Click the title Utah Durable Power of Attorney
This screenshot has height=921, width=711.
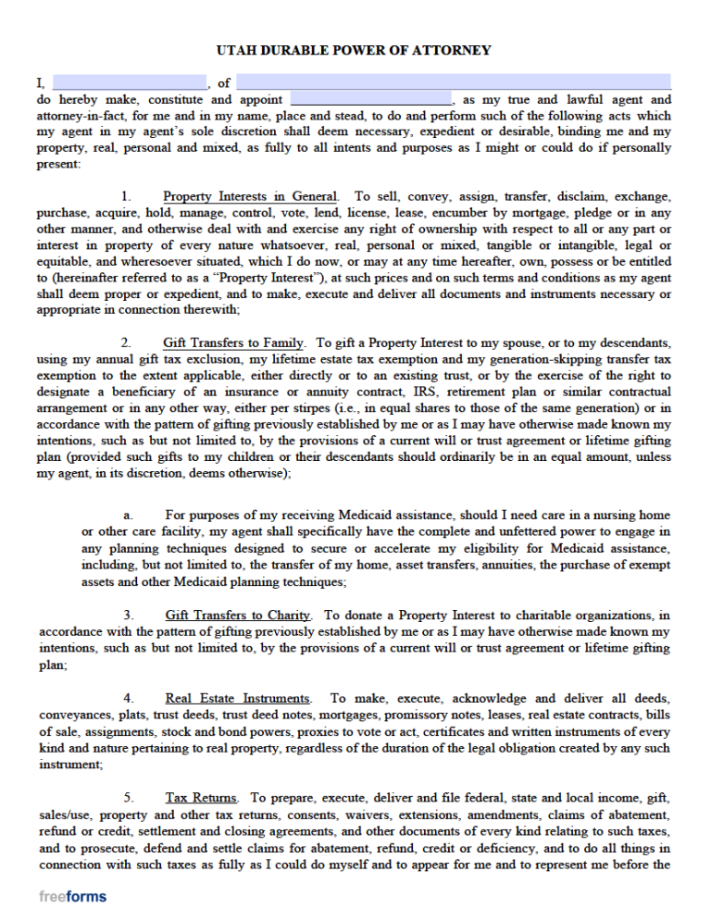[354, 50]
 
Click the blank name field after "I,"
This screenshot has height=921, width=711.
[130, 82]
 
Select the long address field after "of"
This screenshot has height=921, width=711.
[454, 82]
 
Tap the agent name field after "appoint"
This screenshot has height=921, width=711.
[370, 99]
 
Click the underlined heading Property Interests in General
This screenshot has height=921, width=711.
[250, 197]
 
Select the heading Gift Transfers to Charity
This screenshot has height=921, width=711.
[238, 616]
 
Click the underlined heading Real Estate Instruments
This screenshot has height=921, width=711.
[238, 699]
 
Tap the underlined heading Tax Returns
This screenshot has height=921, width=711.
[202, 798]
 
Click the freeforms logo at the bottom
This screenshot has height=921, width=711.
[72, 897]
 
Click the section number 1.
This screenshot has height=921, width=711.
[127, 197]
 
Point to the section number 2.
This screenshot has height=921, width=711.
[127, 343]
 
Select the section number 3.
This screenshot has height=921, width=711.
[129, 616]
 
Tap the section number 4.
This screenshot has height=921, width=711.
[129, 699]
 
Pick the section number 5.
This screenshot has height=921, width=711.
[129, 798]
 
